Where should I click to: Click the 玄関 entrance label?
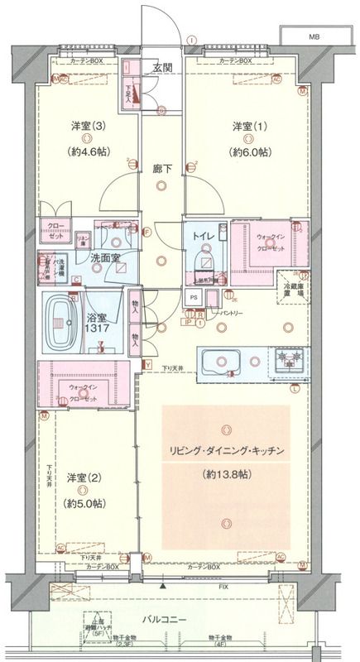(161, 69)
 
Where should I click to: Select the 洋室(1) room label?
(251, 126)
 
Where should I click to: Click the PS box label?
(194, 298)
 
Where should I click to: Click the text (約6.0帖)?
(251, 152)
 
